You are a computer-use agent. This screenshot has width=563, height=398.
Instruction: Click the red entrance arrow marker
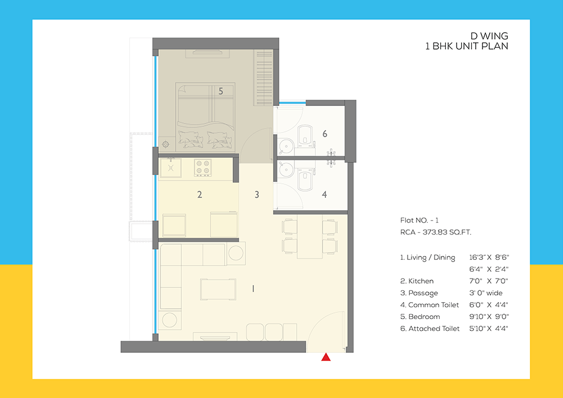(325, 357)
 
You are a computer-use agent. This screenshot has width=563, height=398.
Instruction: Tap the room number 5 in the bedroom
(221, 91)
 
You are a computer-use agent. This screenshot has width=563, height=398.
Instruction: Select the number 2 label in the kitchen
(199, 195)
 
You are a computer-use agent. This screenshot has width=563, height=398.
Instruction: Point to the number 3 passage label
(257, 195)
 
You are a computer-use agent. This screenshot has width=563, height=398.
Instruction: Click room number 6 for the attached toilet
(325, 134)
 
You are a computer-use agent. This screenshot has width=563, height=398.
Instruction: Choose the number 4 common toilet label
(324, 195)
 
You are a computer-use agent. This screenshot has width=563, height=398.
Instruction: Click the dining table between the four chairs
(309, 236)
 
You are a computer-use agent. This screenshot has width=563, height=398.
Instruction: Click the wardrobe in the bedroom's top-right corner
(263, 77)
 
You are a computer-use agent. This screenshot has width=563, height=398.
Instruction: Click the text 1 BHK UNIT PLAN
(467, 47)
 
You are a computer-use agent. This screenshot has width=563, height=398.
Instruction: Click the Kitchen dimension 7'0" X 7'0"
(489, 281)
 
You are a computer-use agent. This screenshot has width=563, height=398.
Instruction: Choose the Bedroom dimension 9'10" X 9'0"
(489, 317)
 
